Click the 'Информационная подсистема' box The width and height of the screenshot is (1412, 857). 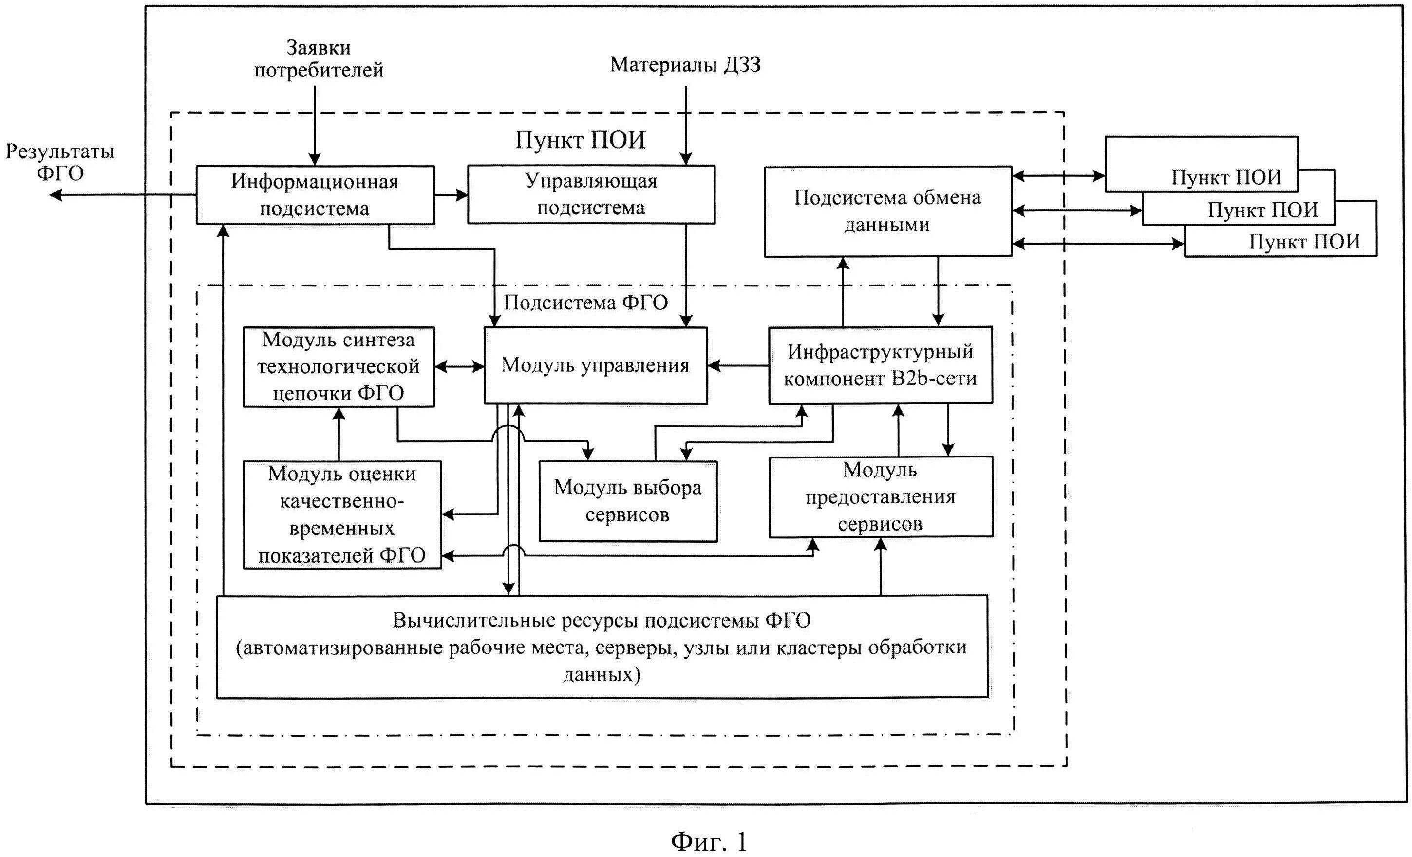pos(315,195)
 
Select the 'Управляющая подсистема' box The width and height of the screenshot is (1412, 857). pos(591,194)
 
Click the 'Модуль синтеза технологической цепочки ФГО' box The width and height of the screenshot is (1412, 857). pos(339,367)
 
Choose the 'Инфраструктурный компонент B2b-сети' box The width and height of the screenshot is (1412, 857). pos(880,365)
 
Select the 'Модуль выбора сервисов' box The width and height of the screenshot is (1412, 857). pos(628,501)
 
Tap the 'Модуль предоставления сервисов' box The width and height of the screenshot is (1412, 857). pos(881,496)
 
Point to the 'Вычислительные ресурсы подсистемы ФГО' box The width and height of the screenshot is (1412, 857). pos(602,647)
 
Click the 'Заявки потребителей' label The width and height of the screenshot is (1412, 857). pos(319,58)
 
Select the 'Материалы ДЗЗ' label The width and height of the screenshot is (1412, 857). pos(685,64)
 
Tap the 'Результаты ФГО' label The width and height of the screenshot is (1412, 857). pos(60,162)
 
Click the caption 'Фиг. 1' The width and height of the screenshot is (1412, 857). pos(709,841)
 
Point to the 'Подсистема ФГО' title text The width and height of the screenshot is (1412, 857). pos(585,303)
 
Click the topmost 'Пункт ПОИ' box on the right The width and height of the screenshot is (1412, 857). pos(1202,165)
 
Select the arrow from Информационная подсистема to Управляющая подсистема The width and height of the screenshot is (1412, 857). pos(451,195)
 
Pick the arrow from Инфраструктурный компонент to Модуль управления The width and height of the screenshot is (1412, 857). pos(738,365)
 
